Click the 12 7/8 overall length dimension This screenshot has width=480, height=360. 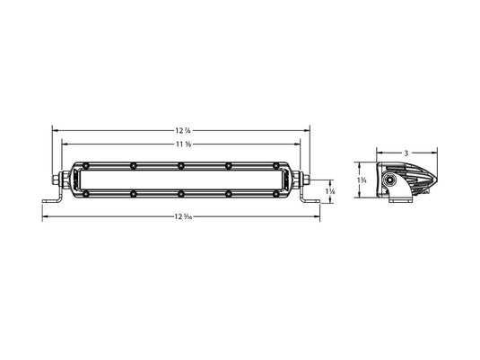183,130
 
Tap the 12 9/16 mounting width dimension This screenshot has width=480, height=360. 183,216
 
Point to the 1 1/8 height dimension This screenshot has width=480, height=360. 331,191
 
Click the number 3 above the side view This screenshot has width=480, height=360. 406,153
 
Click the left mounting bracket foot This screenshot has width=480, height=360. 47,205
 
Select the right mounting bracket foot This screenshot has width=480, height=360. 315,205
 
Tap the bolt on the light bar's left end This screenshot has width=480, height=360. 57,179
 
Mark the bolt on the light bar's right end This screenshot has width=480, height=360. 305,179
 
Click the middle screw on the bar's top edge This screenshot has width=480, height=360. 180,165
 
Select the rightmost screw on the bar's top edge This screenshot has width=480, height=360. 276,165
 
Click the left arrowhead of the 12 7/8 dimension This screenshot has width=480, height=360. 55,130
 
